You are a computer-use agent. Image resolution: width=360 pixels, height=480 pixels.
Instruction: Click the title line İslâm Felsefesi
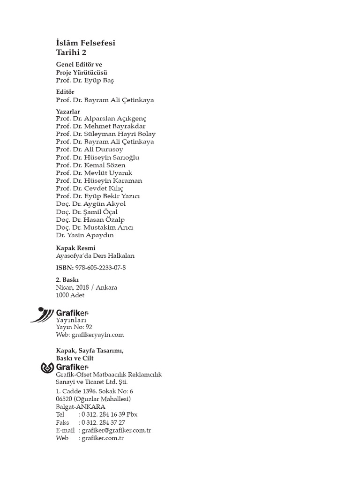(x=85, y=43)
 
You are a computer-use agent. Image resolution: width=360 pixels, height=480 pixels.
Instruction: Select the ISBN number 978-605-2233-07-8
(x=100, y=268)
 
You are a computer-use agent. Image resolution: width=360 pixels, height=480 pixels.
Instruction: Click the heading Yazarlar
(x=68, y=112)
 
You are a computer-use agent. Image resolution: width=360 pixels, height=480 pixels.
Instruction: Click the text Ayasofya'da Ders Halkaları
(x=96, y=256)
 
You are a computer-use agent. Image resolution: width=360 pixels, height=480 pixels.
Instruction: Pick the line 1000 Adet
(x=70, y=295)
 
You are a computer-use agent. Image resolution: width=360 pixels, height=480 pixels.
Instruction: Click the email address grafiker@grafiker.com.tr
(x=116, y=430)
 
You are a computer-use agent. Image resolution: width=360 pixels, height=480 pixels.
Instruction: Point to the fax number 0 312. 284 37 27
(x=103, y=422)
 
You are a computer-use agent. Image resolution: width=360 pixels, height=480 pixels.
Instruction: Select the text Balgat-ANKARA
(x=80, y=407)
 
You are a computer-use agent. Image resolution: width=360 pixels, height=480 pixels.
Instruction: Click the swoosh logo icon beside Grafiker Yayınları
(x=42, y=314)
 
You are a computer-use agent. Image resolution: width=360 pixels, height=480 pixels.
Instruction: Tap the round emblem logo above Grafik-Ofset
(x=48, y=368)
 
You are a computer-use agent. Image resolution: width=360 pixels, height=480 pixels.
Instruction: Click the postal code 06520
(x=64, y=399)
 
